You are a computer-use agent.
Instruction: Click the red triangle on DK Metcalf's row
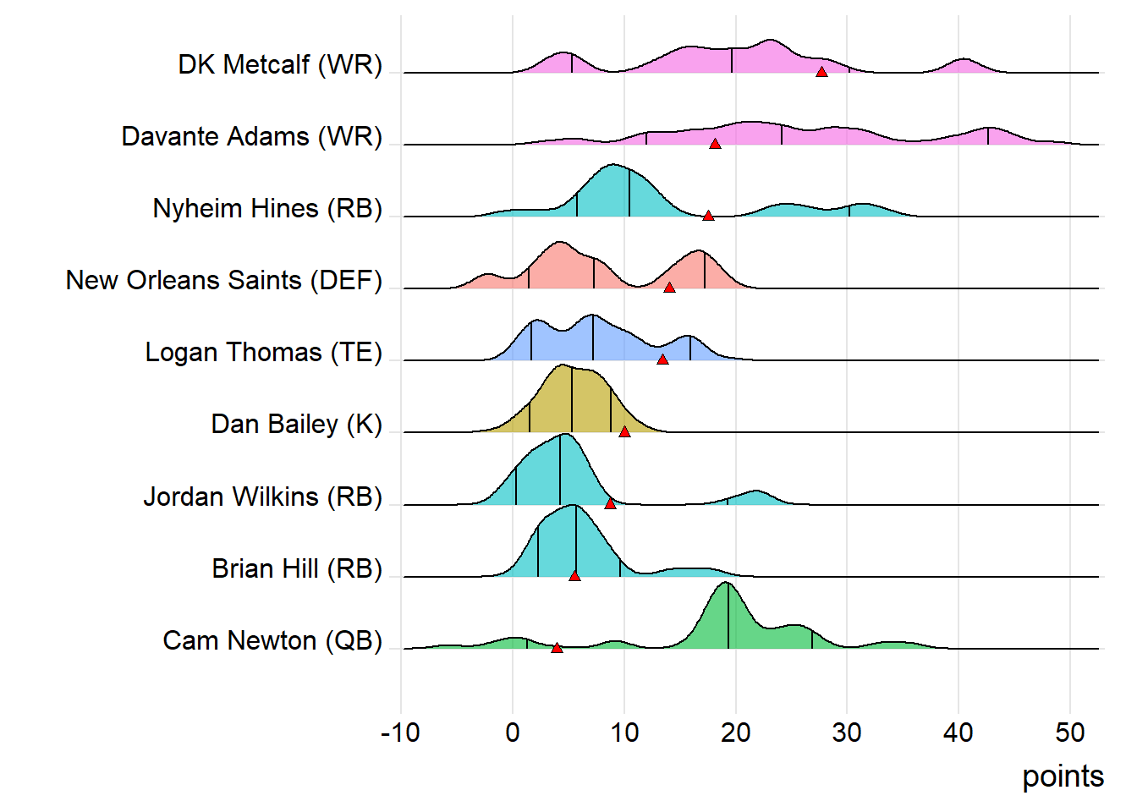pyautogui.click(x=821, y=72)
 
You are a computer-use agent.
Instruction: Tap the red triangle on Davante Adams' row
pyautogui.click(x=715, y=144)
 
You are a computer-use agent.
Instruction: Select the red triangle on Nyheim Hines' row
pyautogui.click(x=708, y=216)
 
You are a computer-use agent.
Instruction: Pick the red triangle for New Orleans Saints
pyautogui.click(x=669, y=288)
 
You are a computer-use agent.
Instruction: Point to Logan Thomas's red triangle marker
pyautogui.click(x=662, y=359)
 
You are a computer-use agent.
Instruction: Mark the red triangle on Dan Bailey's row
pyautogui.click(x=624, y=431)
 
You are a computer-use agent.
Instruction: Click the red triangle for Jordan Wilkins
pyautogui.click(x=610, y=503)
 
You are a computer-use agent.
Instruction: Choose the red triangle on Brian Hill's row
pyautogui.click(x=574, y=576)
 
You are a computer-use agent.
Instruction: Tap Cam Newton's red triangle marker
pyautogui.click(x=557, y=648)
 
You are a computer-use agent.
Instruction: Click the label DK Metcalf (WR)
pyautogui.click(x=279, y=65)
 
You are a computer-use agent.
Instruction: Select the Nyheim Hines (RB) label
pyautogui.click(x=267, y=209)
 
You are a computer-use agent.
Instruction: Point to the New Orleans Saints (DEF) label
pyautogui.click(x=223, y=281)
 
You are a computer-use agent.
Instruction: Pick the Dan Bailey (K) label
pyautogui.click(x=296, y=425)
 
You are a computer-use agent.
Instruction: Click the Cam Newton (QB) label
pyautogui.click(x=272, y=641)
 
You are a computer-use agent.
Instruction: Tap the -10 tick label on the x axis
pyautogui.click(x=400, y=732)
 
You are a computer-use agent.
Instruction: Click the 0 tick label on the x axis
pyautogui.click(x=513, y=732)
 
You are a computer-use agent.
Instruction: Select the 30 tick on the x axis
pyautogui.click(x=847, y=732)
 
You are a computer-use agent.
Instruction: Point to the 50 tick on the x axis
pyautogui.click(x=1069, y=732)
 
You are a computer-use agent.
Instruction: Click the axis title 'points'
pyautogui.click(x=1063, y=776)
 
